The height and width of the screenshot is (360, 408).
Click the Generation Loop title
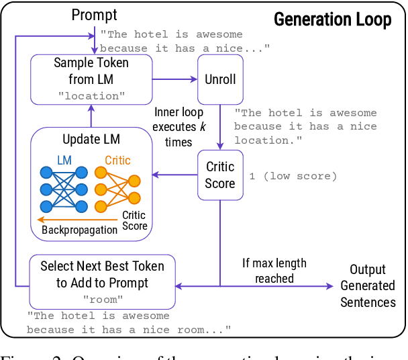pyautogui.click(x=331, y=19)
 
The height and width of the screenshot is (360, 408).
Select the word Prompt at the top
pyautogui.click(x=95, y=15)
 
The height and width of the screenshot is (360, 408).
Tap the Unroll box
pyautogui.click(x=220, y=79)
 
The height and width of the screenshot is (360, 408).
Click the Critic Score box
pyautogui.click(x=220, y=175)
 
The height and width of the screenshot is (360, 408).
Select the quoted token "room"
pyautogui.click(x=99, y=299)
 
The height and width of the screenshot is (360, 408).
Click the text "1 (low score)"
pyautogui.click(x=292, y=176)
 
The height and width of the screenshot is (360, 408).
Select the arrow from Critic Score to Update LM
pyautogui.click(x=174, y=175)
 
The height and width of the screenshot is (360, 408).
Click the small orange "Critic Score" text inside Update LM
pyautogui.click(x=134, y=221)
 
